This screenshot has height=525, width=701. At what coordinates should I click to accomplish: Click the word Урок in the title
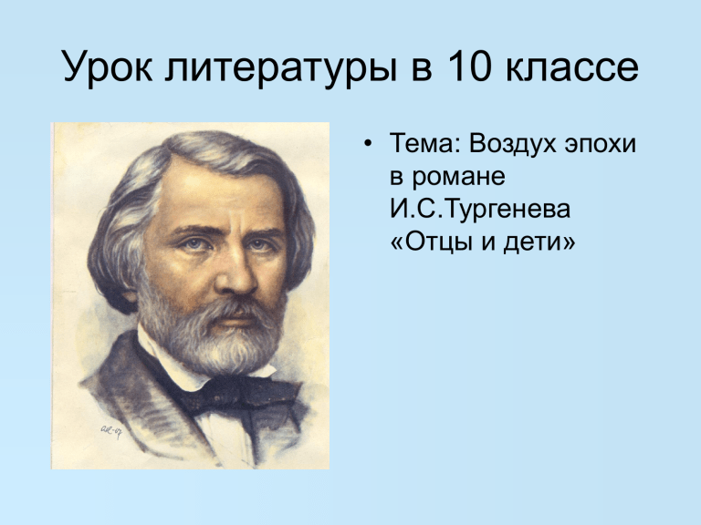[108, 67]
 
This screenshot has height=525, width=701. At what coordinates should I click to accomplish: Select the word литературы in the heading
[281, 67]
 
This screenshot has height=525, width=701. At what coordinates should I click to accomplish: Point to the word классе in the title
[572, 67]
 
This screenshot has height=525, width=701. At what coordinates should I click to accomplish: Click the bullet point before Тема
[368, 144]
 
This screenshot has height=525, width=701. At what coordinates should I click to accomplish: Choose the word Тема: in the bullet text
[424, 144]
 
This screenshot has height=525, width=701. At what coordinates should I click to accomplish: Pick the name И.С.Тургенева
[480, 210]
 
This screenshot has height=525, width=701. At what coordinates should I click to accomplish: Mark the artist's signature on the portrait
[111, 431]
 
